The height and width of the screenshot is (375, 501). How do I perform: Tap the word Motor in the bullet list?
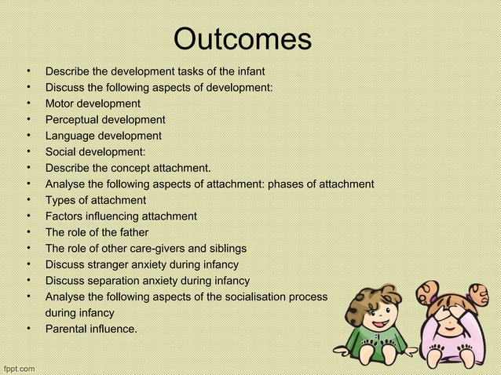(60, 104)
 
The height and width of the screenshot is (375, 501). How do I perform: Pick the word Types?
(60, 200)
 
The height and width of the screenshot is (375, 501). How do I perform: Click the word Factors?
(65, 217)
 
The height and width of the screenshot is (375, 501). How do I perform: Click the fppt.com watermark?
(19, 367)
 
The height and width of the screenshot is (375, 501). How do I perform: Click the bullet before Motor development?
(27, 104)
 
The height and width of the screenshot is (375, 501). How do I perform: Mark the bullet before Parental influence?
(27, 329)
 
